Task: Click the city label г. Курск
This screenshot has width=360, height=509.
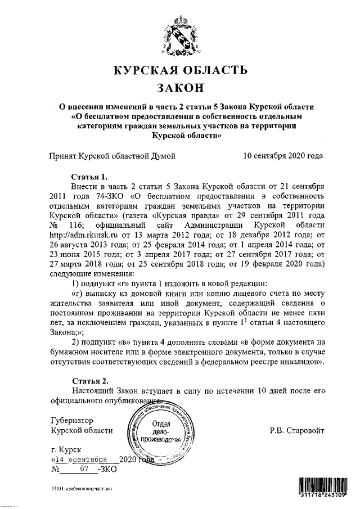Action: coord(65,450)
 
